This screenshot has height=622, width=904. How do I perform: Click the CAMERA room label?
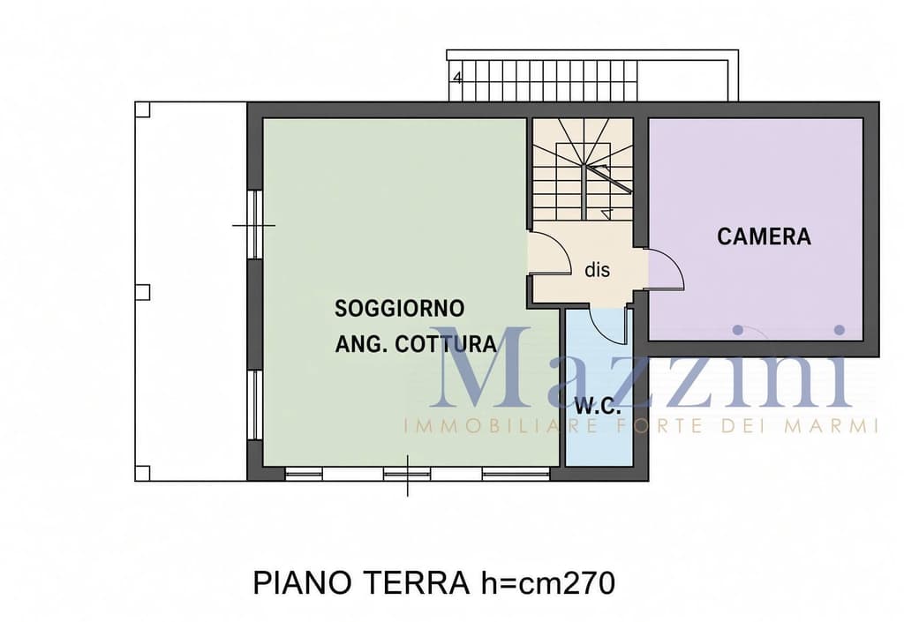coord(764,236)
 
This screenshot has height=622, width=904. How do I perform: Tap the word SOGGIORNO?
coord(400,308)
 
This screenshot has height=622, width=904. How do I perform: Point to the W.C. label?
coord(598,407)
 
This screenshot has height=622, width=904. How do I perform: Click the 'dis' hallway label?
coord(597,270)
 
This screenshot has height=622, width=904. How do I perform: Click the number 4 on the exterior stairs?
coord(458,78)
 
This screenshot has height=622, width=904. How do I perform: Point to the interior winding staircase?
coord(583,169)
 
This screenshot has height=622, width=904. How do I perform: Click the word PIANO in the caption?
coord(302,583)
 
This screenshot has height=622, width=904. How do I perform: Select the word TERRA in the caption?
coord(415,583)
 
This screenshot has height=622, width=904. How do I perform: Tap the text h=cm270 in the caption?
coord(547,583)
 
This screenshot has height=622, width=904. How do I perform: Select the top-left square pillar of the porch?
coord(142,109)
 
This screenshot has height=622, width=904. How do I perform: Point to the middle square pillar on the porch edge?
coord(142,292)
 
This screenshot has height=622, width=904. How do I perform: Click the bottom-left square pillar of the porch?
coord(142,474)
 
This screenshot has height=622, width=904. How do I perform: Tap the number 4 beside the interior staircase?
coord(606,214)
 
